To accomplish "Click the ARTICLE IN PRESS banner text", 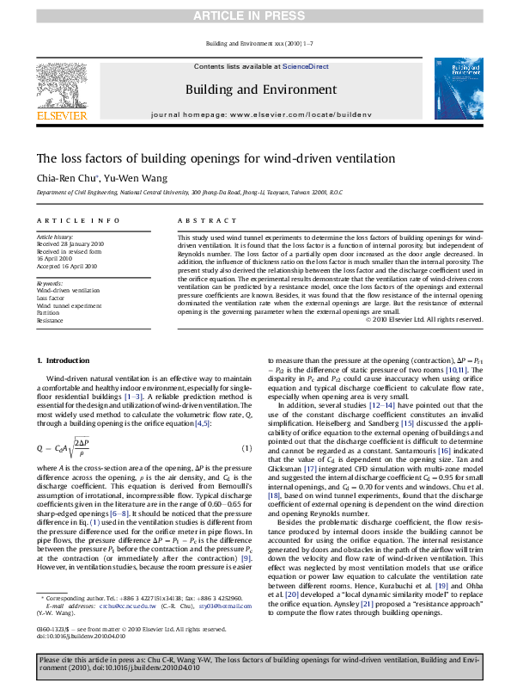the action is [x=255, y=16].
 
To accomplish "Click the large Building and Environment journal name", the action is [x=255, y=89].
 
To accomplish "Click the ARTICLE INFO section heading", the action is [x=64, y=220].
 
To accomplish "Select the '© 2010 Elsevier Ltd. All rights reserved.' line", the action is [x=424, y=319].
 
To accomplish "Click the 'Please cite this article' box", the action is [x=255, y=665].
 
